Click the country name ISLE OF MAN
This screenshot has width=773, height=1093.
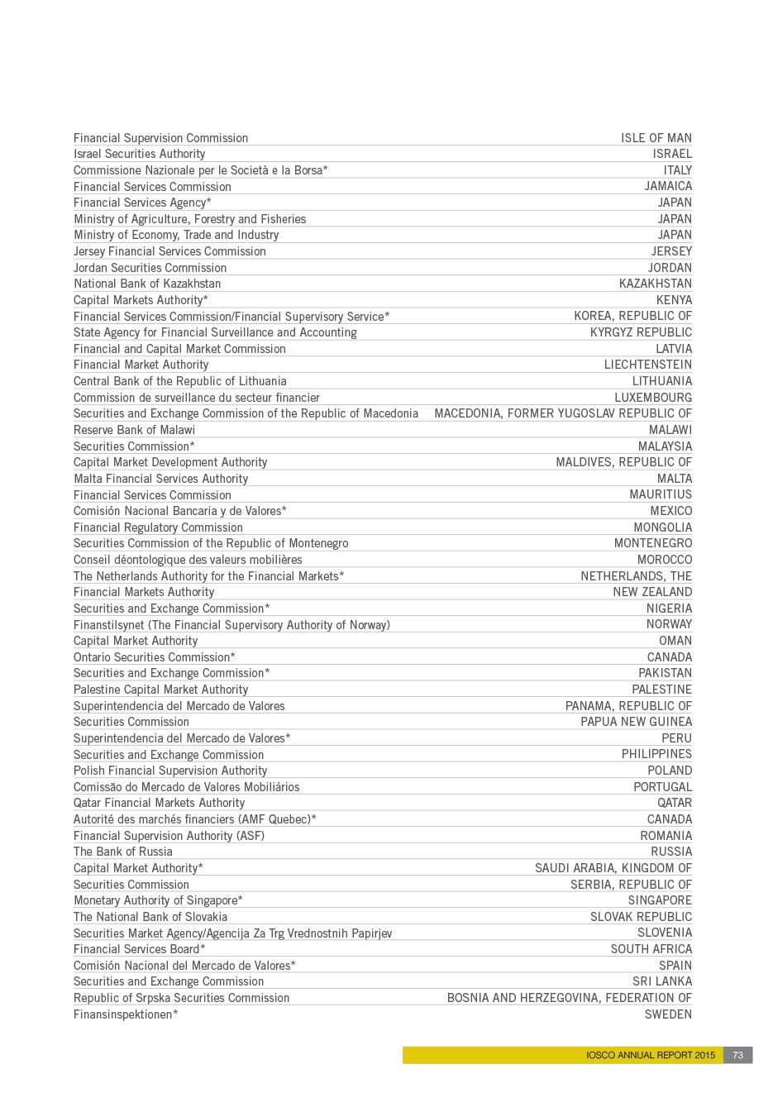pyautogui.click(x=656, y=138)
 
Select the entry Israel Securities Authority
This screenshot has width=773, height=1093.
pyautogui.click(x=139, y=154)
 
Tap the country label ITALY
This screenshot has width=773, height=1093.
pyautogui.click(x=678, y=170)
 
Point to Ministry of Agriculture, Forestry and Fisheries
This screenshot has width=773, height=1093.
pyautogui.click(x=189, y=219)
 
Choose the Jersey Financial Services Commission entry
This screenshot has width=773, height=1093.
pyautogui.click(x=169, y=251)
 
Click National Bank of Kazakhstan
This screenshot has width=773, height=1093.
pyautogui.click(x=147, y=284)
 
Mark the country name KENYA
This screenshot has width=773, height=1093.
pyautogui.click(x=675, y=300)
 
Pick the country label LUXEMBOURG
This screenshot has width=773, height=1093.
pyautogui.click(x=653, y=398)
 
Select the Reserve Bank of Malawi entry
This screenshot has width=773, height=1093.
pyautogui.click(x=134, y=430)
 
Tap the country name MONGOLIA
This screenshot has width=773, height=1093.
pyautogui.click(x=663, y=527)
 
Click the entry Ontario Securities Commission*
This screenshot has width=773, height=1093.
pyautogui.click(x=155, y=657)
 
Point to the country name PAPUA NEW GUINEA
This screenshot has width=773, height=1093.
pyautogui.click(x=637, y=722)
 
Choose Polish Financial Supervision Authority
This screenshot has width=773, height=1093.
pyautogui.click(x=170, y=771)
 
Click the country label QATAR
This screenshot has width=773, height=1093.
pyautogui.click(x=675, y=803)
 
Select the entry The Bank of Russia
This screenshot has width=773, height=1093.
pyautogui.click(x=123, y=852)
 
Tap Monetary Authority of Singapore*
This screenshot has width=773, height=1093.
pyautogui.click(x=158, y=900)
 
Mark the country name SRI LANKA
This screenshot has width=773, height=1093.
pyautogui.click(x=662, y=981)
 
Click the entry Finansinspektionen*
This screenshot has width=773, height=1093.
pyautogui.click(x=126, y=1014)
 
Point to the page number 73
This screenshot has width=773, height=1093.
pyautogui.click(x=738, y=1055)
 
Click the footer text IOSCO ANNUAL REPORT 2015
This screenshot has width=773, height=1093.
pyautogui.click(x=651, y=1055)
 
